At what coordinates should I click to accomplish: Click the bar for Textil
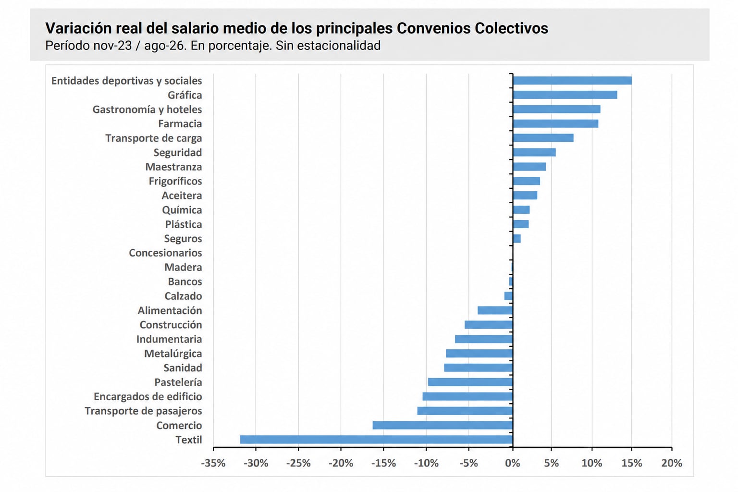(x=376, y=440)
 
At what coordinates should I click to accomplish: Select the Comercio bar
(x=443, y=425)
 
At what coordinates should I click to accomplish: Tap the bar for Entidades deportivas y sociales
(x=572, y=80)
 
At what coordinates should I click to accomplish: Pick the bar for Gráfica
(x=565, y=95)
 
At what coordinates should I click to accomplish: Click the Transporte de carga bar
(x=543, y=138)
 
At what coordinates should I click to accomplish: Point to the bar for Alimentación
(x=495, y=310)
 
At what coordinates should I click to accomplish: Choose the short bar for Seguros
(x=517, y=239)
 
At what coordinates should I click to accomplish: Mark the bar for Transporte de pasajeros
(x=465, y=411)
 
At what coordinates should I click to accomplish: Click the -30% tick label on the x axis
(x=256, y=463)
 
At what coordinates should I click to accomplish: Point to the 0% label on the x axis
(x=513, y=463)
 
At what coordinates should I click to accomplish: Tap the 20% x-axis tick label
(x=672, y=463)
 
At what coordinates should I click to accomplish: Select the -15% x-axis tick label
(x=383, y=463)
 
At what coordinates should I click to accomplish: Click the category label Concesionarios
(x=165, y=253)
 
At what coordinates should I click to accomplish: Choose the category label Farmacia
(x=180, y=123)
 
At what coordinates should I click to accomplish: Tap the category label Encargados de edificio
(x=148, y=396)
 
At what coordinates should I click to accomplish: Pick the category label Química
(x=182, y=210)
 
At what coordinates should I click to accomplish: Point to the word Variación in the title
(x=78, y=28)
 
